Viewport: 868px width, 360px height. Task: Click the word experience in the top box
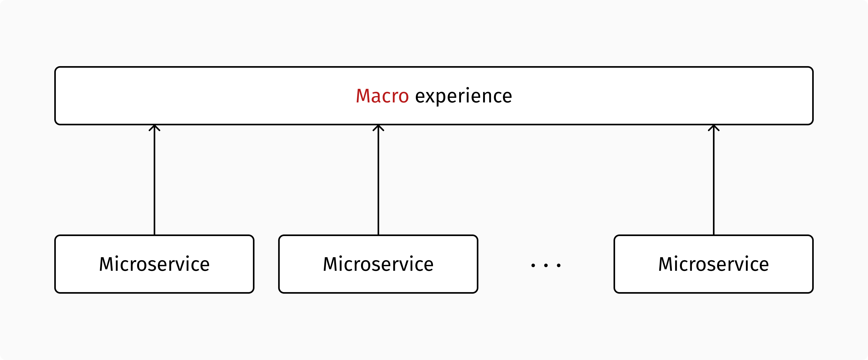click(x=463, y=96)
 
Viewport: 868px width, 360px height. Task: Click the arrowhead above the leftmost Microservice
click(x=154, y=128)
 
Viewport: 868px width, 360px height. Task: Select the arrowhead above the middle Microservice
click(x=378, y=128)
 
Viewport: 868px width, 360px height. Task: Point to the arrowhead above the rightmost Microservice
click(x=714, y=128)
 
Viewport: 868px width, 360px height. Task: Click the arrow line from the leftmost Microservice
click(x=154, y=182)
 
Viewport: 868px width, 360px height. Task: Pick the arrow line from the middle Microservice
click(x=378, y=182)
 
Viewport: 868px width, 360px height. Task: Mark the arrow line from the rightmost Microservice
click(x=714, y=182)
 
